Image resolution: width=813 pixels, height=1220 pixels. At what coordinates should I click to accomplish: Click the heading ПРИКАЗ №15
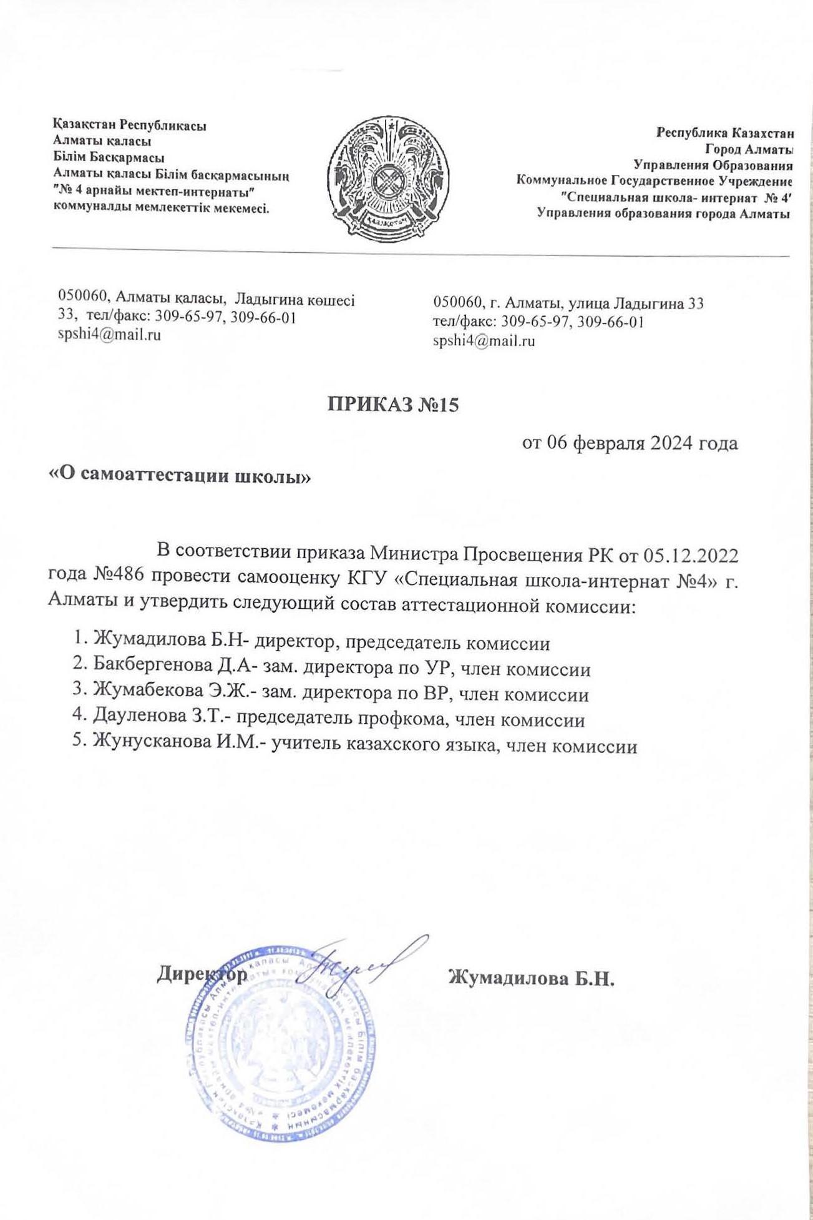[393, 405]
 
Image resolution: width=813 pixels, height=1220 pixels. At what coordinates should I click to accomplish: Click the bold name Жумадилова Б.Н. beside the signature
[532, 977]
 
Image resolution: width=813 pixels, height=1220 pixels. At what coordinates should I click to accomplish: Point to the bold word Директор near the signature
[201, 974]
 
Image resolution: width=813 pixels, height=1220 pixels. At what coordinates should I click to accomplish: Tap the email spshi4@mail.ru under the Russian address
[484, 341]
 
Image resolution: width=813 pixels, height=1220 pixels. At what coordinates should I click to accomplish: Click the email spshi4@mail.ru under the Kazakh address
[109, 335]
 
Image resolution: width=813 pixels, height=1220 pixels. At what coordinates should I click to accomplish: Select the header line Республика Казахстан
[724, 133]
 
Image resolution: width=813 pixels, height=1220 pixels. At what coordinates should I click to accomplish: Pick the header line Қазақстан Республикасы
[130, 125]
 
